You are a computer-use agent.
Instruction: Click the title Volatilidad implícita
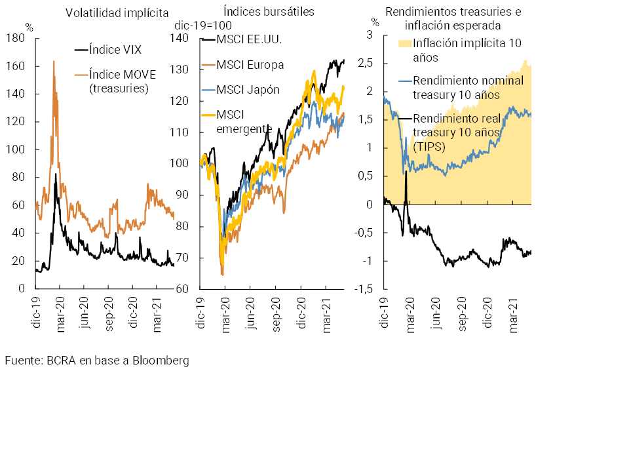[x=117, y=13]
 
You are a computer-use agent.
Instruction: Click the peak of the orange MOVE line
[x=53, y=62]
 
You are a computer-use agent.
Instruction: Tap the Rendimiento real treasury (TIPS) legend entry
[x=457, y=132]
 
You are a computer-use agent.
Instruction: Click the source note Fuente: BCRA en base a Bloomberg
[x=97, y=361]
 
